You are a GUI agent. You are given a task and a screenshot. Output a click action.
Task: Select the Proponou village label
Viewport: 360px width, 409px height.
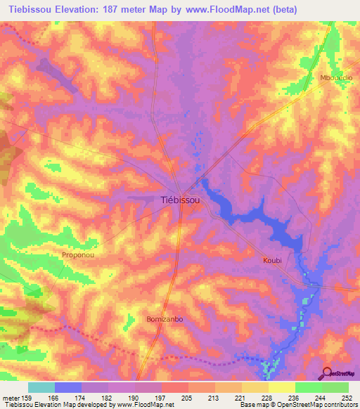79,256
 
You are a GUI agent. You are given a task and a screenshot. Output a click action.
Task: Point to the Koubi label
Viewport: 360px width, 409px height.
272,260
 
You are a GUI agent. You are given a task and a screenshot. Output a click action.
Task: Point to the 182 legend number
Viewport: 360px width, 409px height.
107,398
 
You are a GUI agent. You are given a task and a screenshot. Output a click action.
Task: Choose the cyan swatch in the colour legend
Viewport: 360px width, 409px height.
41,387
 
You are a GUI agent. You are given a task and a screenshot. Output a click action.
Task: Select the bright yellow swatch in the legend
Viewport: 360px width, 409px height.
281,387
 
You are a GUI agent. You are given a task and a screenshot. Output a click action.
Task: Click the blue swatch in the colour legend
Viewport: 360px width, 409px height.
68,387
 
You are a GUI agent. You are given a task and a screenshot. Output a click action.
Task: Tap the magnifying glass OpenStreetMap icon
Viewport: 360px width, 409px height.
326,374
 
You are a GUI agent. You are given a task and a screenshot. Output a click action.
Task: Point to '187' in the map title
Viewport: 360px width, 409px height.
122,9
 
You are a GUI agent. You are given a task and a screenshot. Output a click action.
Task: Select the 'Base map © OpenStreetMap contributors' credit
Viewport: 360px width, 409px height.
299,405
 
